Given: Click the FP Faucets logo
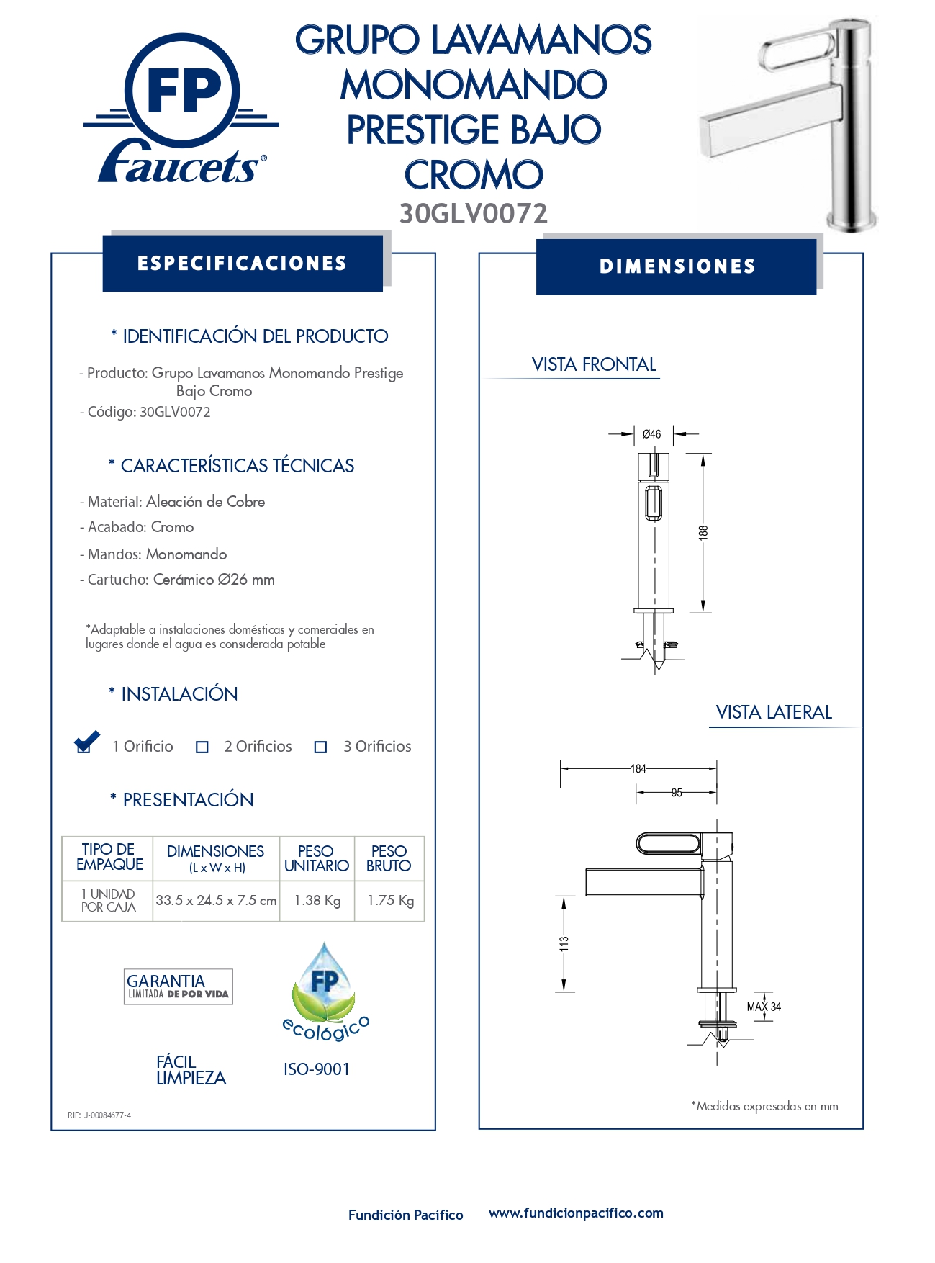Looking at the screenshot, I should [x=182, y=108].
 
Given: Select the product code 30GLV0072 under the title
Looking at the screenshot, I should [x=474, y=214].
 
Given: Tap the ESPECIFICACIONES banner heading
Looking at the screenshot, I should [x=242, y=264].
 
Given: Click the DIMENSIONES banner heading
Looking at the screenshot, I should [x=677, y=266].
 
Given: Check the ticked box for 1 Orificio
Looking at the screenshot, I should [x=85, y=745].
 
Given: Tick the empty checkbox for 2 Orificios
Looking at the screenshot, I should [x=202, y=747].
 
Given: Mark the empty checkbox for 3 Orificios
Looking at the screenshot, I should [x=321, y=747].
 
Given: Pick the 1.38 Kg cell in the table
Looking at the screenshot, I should [x=317, y=900].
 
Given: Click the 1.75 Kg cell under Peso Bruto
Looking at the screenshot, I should [x=390, y=900].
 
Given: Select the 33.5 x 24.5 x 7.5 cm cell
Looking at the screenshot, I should [x=216, y=900].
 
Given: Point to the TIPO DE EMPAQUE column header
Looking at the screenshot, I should [x=109, y=857].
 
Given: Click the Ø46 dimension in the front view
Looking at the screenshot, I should [x=651, y=434].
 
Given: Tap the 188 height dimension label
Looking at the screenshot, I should [x=703, y=533].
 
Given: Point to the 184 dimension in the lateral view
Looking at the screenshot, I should [x=638, y=768].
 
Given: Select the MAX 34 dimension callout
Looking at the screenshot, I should [x=764, y=1007].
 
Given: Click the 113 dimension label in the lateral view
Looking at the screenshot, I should [x=564, y=943].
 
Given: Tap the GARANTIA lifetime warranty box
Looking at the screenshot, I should [x=178, y=986].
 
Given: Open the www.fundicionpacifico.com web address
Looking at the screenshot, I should [x=576, y=1213].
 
